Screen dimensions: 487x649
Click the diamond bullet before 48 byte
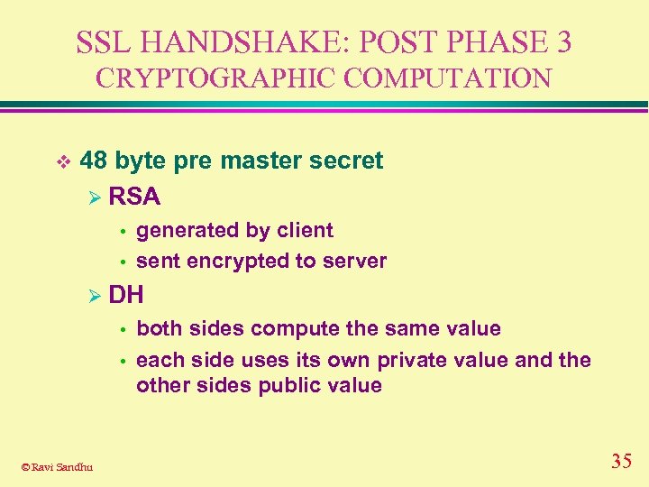[x=61, y=161]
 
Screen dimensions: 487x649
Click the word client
[x=305, y=230]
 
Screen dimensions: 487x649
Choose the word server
[x=356, y=262]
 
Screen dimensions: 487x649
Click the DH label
[x=126, y=294]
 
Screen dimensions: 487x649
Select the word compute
[x=293, y=328]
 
